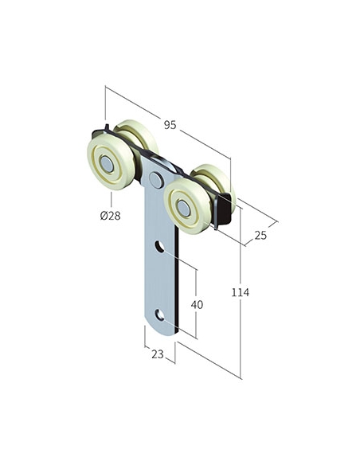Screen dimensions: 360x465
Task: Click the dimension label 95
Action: point(170,125)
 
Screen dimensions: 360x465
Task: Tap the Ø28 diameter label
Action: point(111,216)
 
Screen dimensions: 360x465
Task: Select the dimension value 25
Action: point(260,236)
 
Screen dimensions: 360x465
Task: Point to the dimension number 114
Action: point(241,292)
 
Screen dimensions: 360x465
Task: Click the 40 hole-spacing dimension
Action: point(197,305)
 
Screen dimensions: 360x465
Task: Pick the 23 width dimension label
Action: point(158,354)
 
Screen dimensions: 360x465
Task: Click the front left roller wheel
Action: point(111,164)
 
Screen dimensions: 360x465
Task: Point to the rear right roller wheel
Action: point(215,181)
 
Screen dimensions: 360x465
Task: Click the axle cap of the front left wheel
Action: point(107,164)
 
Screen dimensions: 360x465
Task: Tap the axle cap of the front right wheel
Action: point(183,208)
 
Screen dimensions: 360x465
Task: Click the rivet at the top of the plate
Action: point(156,180)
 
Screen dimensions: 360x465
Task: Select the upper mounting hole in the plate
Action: point(159,247)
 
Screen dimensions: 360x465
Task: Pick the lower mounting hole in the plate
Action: point(159,315)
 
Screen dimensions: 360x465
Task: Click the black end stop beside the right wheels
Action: point(225,208)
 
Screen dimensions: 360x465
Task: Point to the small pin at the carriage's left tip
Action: point(107,127)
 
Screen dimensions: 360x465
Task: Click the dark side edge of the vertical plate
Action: point(177,279)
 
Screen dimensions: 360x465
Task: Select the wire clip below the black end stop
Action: point(214,213)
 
